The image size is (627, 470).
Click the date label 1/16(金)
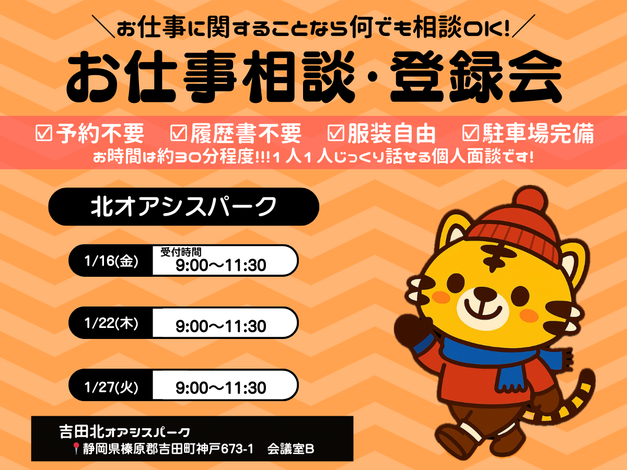click(111, 261)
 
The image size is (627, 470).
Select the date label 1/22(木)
click(111, 323)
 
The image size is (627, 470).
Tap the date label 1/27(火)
click(111, 387)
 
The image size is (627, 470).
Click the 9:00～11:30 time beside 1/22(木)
click(221, 326)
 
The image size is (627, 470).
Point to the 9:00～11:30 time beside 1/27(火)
click(221, 388)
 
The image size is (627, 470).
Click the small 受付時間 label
click(181, 252)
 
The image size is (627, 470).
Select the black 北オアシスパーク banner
click(184, 207)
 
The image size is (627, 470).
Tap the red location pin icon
click(76, 448)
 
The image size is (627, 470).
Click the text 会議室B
click(291, 449)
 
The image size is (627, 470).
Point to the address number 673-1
click(237, 449)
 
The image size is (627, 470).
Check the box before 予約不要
click(44, 133)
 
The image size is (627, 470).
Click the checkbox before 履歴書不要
click(179, 133)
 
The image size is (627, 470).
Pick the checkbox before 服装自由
click(335, 133)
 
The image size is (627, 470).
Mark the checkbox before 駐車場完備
click(471, 133)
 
